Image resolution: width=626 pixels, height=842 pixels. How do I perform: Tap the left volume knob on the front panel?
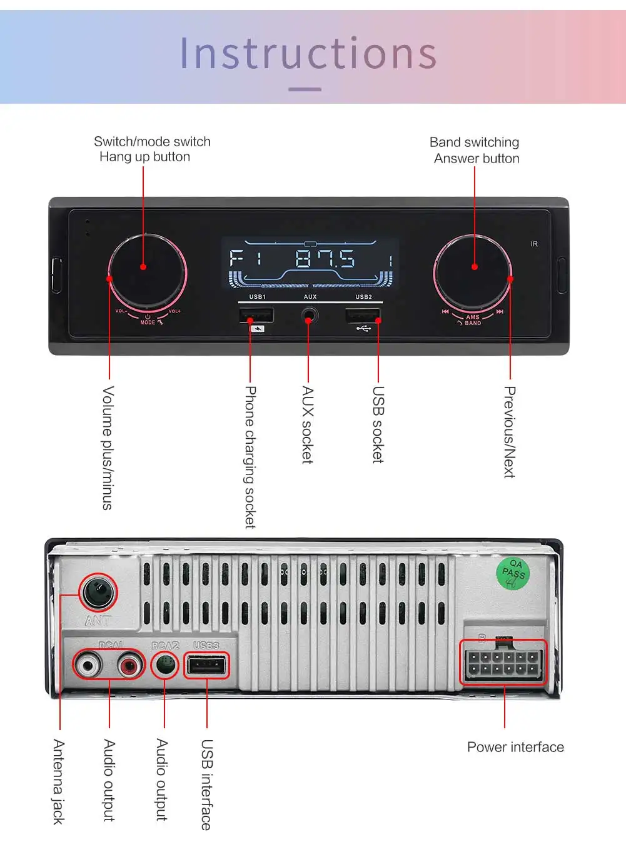(147, 272)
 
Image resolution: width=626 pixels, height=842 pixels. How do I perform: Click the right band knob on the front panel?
(473, 272)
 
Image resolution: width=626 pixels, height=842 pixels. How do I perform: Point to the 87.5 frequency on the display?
(325, 258)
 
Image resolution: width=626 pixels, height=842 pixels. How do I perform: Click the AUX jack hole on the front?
(308, 316)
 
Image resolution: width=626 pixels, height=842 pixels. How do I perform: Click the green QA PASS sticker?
(513, 573)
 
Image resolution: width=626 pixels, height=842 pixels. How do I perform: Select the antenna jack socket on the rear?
(98, 591)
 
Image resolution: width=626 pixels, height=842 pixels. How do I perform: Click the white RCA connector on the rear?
(88, 664)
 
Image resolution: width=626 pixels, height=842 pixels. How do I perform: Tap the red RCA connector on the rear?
(130, 664)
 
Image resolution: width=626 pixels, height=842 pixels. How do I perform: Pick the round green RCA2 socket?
(165, 664)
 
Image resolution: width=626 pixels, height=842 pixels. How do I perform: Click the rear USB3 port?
(206, 665)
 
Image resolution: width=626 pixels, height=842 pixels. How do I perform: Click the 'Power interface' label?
(515, 747)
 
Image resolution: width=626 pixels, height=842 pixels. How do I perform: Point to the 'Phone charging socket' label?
(250, 456)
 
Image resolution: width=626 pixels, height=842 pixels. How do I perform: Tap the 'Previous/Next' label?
(510, 431)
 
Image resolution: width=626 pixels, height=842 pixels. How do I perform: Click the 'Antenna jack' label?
(59, 781)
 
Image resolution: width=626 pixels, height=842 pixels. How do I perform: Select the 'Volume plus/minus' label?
(108, 448)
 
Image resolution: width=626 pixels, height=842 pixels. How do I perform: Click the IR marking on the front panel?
(534, 244)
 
